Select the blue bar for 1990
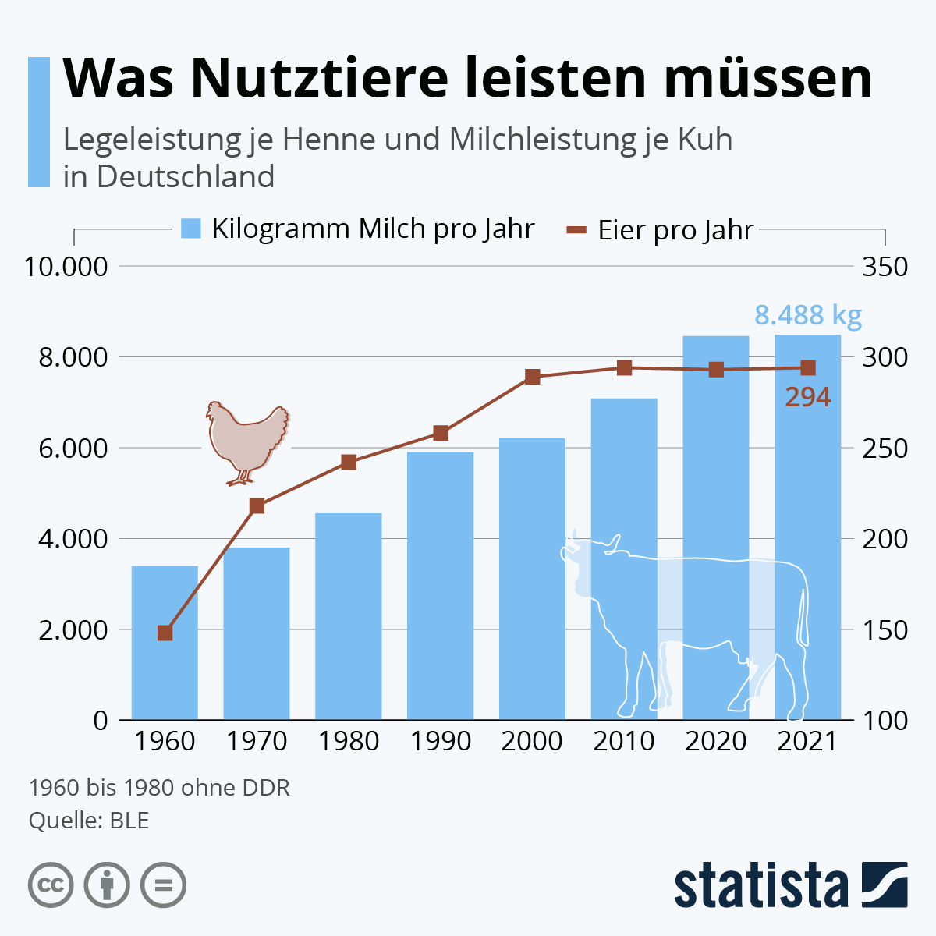440,585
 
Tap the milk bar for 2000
532,577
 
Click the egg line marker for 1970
257,506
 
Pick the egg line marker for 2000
532,377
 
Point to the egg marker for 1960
165,633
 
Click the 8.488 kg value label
807,315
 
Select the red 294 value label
807,398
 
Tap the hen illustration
246,441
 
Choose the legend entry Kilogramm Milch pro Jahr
357,229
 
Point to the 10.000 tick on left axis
66,267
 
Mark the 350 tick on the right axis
885,267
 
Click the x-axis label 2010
624,741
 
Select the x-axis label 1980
349,741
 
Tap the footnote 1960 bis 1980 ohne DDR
159,788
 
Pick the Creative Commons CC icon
51,885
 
